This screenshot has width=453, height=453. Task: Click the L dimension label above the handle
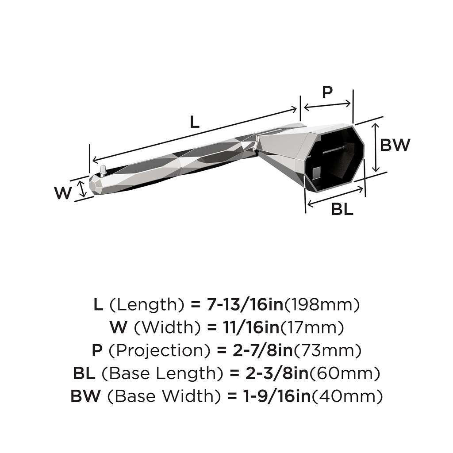coord(195,122)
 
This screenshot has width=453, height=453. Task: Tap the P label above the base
coord(327,92)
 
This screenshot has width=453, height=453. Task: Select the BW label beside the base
coord(395,145)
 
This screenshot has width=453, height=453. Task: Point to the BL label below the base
coord(342,209)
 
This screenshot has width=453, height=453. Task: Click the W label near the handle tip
coord(63,193)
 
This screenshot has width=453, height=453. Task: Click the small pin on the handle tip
coord(103,169)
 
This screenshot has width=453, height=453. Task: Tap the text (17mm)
coord(312,327)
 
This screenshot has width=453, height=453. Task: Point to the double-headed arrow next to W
coord(81,188)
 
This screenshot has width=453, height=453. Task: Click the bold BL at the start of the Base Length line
coord(84,374)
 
